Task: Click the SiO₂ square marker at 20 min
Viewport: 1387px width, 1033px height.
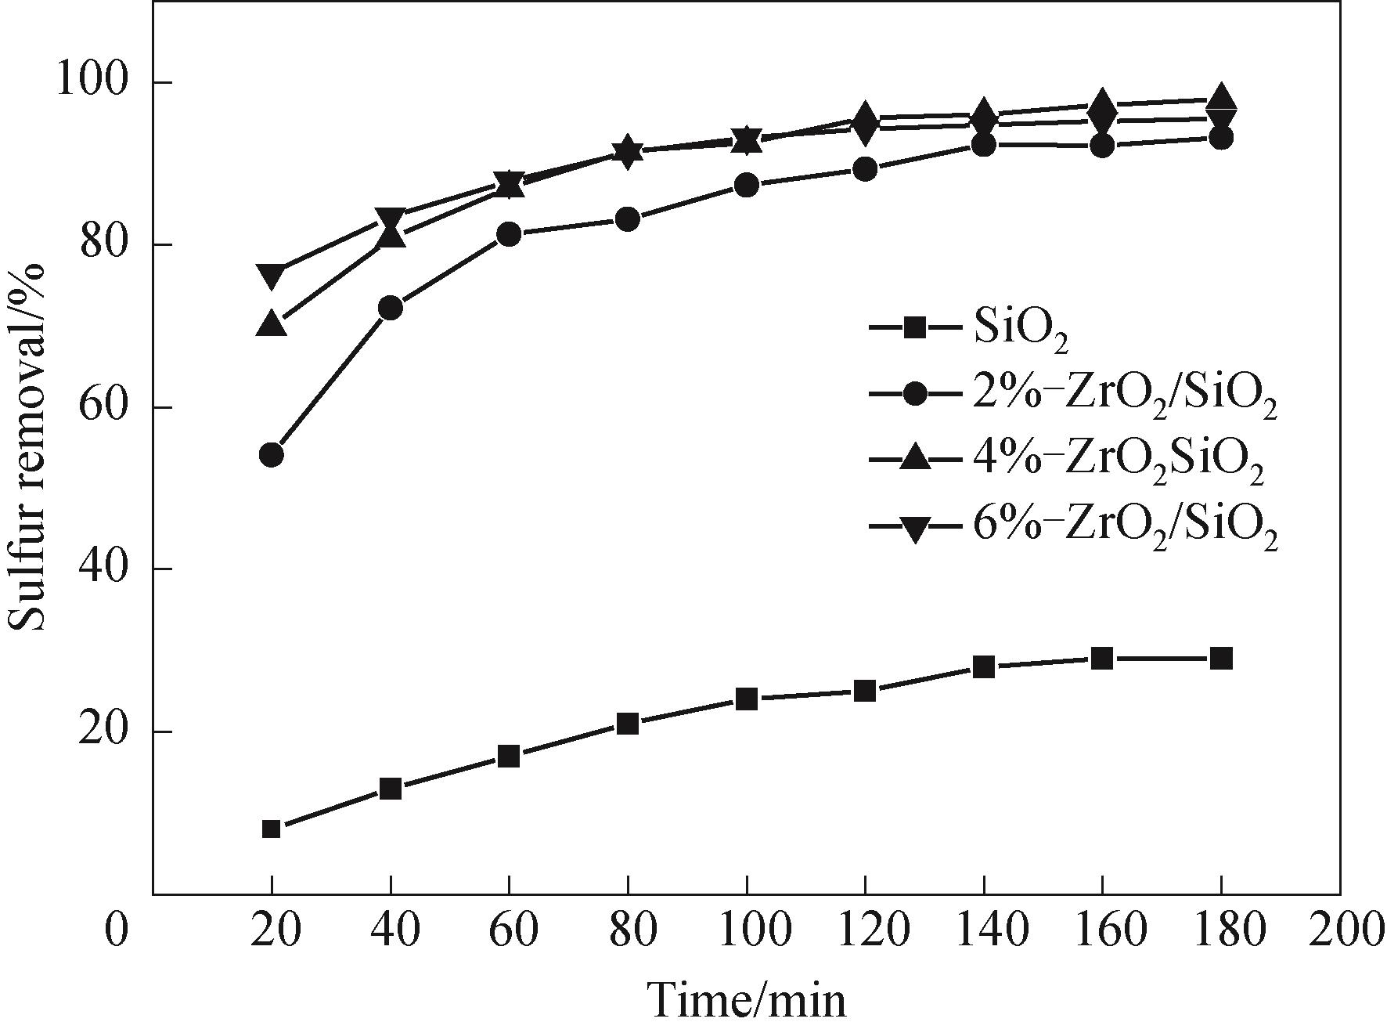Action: pyautogui.click(x=272, y=829)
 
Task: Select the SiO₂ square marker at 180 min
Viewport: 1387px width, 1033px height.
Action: pyautogui.click(x=1221, y=658)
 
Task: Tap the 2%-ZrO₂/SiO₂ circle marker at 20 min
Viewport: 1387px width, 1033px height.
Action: pyautogui.click(x=272, y=455)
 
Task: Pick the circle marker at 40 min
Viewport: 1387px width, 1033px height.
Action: pyautogui.click(x=391, y=309)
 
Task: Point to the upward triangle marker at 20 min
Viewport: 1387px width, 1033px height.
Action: pyautogui.click(x=272, y=323)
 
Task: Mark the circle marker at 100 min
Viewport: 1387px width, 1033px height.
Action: pyautogui.click(x=747, y=186)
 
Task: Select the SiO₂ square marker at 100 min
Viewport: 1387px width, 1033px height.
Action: pyautogui.click(x=747, y=699)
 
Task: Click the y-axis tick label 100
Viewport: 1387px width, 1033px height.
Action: pyautogui.click(x=92, y=81)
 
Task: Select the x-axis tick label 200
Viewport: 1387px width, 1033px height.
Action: pyautogui.click(x=1340, y=932)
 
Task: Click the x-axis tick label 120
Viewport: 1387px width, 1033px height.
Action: pyautogui.click(x=865, y=932)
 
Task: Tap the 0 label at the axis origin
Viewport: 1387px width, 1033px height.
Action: pyautogui.click(x=116, y=932)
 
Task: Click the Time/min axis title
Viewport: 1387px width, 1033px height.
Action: pyautogui.click(x=748, y=1001)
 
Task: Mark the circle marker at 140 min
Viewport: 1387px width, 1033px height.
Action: pyautogui.click(x=984, y=145)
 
